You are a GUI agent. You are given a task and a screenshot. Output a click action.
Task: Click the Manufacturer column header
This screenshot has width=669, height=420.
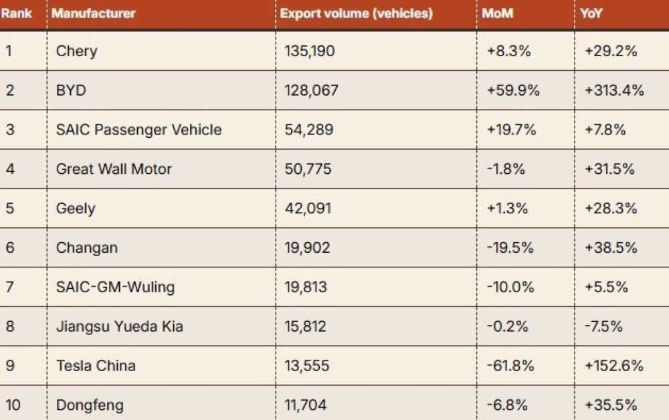click(94, 13)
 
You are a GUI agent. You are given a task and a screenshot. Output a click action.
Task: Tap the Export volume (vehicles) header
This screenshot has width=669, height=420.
click(356, 13)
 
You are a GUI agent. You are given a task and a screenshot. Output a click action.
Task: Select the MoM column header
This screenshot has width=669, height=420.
click(498, 13)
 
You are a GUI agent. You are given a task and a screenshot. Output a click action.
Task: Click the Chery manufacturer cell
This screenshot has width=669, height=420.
click(76, 51)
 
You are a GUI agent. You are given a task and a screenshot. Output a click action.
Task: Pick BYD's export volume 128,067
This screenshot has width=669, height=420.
click(311, 90)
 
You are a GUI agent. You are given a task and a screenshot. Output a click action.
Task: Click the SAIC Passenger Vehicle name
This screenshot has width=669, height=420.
click(138, 130)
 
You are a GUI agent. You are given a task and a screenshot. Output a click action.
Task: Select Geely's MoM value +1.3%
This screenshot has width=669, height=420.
click(508, 209)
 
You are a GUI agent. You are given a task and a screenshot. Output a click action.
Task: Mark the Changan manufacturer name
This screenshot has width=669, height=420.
click(86, 248)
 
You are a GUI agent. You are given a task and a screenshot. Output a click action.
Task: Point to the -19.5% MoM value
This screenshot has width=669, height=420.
click(510, 248)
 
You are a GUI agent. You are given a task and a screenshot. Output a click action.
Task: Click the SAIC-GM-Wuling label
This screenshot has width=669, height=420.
click(115, 288)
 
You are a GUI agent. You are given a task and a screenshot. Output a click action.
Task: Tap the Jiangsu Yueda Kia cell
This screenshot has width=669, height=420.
click(119, 327)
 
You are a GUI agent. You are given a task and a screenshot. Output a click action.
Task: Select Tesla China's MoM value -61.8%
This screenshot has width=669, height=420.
click(510, 366)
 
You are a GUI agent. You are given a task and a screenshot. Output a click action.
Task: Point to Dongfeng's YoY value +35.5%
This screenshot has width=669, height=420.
click(609, 405)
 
